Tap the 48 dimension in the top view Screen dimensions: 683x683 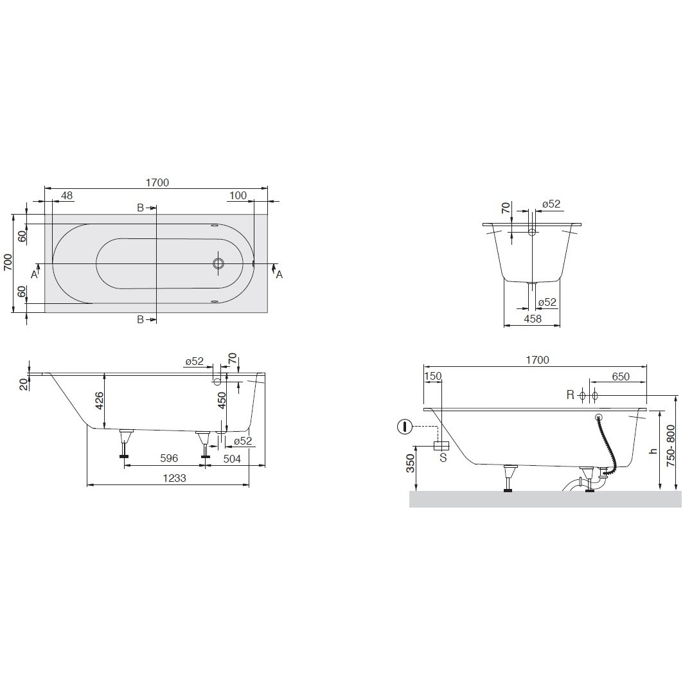coord(67,195)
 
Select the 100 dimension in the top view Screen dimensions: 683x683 coord(238,195)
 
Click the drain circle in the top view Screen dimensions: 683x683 coord(218,263)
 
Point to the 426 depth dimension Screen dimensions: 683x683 coord(100,400)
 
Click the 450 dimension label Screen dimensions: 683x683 coord(222,400)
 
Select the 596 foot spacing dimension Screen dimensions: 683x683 coord(169,458)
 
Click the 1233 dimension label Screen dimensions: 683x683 coord(174,478)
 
